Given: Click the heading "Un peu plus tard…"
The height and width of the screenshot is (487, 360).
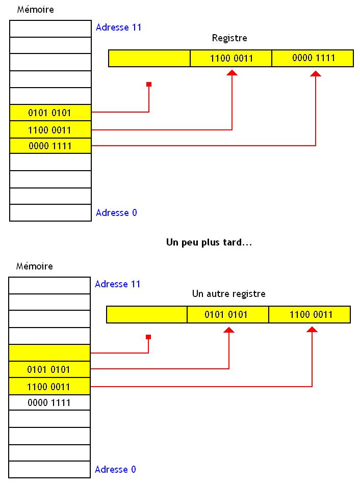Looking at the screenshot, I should (209, 242).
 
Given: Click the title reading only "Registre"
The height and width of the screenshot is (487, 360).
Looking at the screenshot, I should (229, 38).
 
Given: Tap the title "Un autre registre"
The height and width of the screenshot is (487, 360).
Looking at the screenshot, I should (228, 294).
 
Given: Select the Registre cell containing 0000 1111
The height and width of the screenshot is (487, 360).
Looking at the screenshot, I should (313, 58).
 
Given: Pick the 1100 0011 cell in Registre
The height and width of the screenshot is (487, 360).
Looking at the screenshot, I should (231, 58).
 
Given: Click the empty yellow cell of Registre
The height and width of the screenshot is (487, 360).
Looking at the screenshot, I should (149, 58).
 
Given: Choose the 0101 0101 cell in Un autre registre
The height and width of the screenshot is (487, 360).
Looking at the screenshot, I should (227, 314).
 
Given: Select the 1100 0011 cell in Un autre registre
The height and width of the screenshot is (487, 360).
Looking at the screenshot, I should (310, 314).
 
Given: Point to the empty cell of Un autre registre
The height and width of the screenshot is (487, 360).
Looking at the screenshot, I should (147, 314).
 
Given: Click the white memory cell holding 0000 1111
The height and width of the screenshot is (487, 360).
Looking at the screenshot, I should (49, 403).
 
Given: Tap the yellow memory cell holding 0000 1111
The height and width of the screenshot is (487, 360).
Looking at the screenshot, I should (50, 146).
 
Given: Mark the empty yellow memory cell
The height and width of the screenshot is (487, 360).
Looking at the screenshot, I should (49, 352).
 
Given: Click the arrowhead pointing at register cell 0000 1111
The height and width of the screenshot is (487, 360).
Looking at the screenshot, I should (316, 74).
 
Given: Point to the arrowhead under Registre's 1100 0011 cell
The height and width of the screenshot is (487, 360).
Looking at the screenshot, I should (232, 74).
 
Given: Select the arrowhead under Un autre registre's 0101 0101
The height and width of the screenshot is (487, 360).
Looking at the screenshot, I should (229, 330).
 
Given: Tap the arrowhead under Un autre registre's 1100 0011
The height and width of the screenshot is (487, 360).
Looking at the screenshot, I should (312, 330).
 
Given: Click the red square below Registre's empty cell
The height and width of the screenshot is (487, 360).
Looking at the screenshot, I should (149, 84).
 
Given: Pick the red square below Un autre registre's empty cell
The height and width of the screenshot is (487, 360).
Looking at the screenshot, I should (148, 337).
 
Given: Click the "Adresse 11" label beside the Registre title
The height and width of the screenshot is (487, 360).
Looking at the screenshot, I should (118, 28).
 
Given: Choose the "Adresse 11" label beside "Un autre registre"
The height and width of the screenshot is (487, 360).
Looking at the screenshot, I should (117, 284).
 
